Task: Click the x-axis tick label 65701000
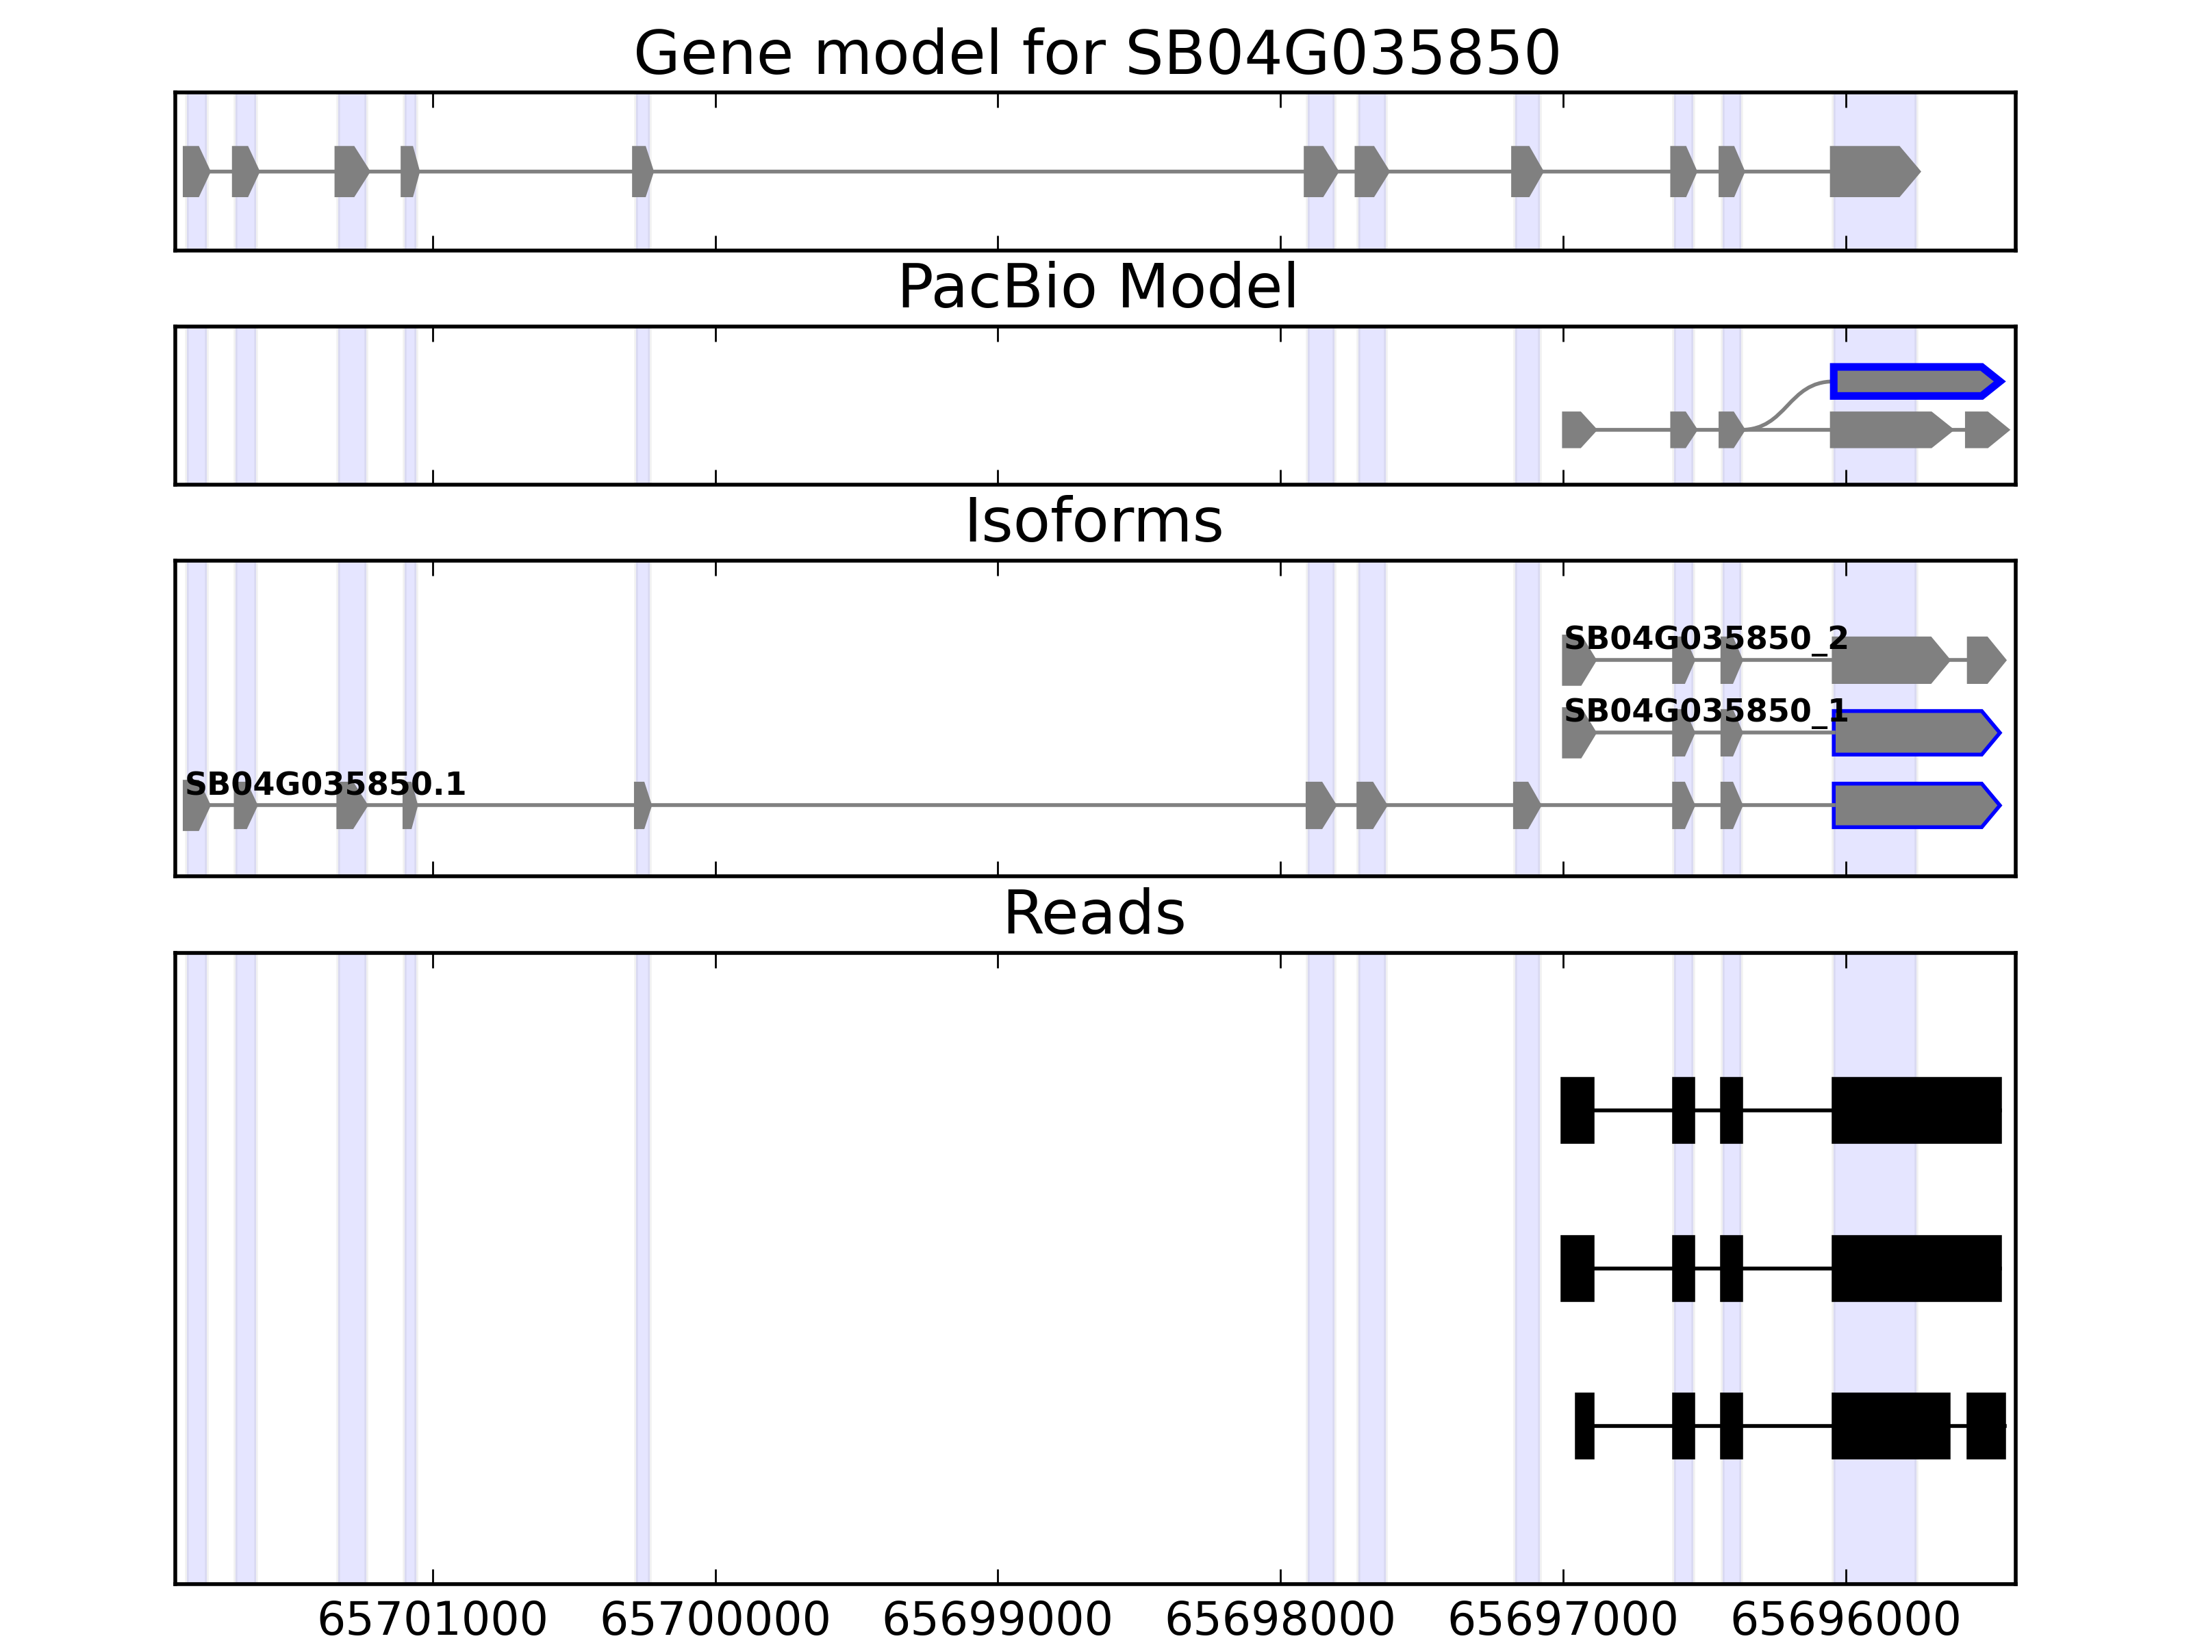point(432,1620)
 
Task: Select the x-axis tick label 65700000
point(714,1620)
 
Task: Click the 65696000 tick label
point(1845,1620)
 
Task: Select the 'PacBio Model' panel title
point(1096,288)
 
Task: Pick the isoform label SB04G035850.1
point(325,785)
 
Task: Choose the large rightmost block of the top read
point(1916,1110)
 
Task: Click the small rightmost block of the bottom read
point(1985,1426)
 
